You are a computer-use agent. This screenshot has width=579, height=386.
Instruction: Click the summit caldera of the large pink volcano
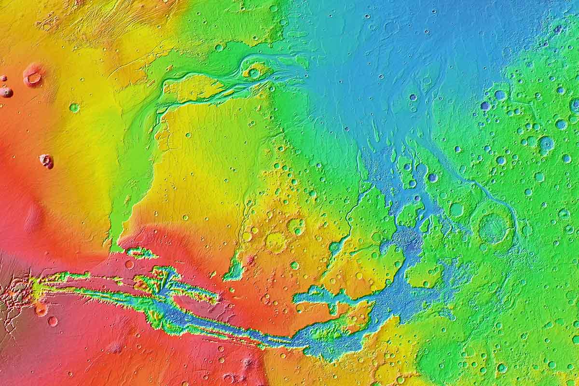[x=33, y=76]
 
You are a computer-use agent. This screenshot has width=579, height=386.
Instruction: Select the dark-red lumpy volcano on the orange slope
[x=47, y=161]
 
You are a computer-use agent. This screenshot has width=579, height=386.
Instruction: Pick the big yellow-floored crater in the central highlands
[x=276, y=241]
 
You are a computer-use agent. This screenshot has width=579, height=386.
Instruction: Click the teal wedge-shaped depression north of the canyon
[x=235, y=270]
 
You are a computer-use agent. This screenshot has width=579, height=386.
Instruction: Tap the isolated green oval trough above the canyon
[x=140, y=252]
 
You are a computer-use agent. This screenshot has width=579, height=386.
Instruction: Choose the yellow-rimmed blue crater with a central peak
[x=546, y=143]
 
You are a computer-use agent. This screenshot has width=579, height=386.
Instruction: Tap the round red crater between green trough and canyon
[x=129, y=264]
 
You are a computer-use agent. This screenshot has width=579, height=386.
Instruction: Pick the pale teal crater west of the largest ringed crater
[x=456, y=209]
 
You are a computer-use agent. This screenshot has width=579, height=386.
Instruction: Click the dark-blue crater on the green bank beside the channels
[x=432, y=177]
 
